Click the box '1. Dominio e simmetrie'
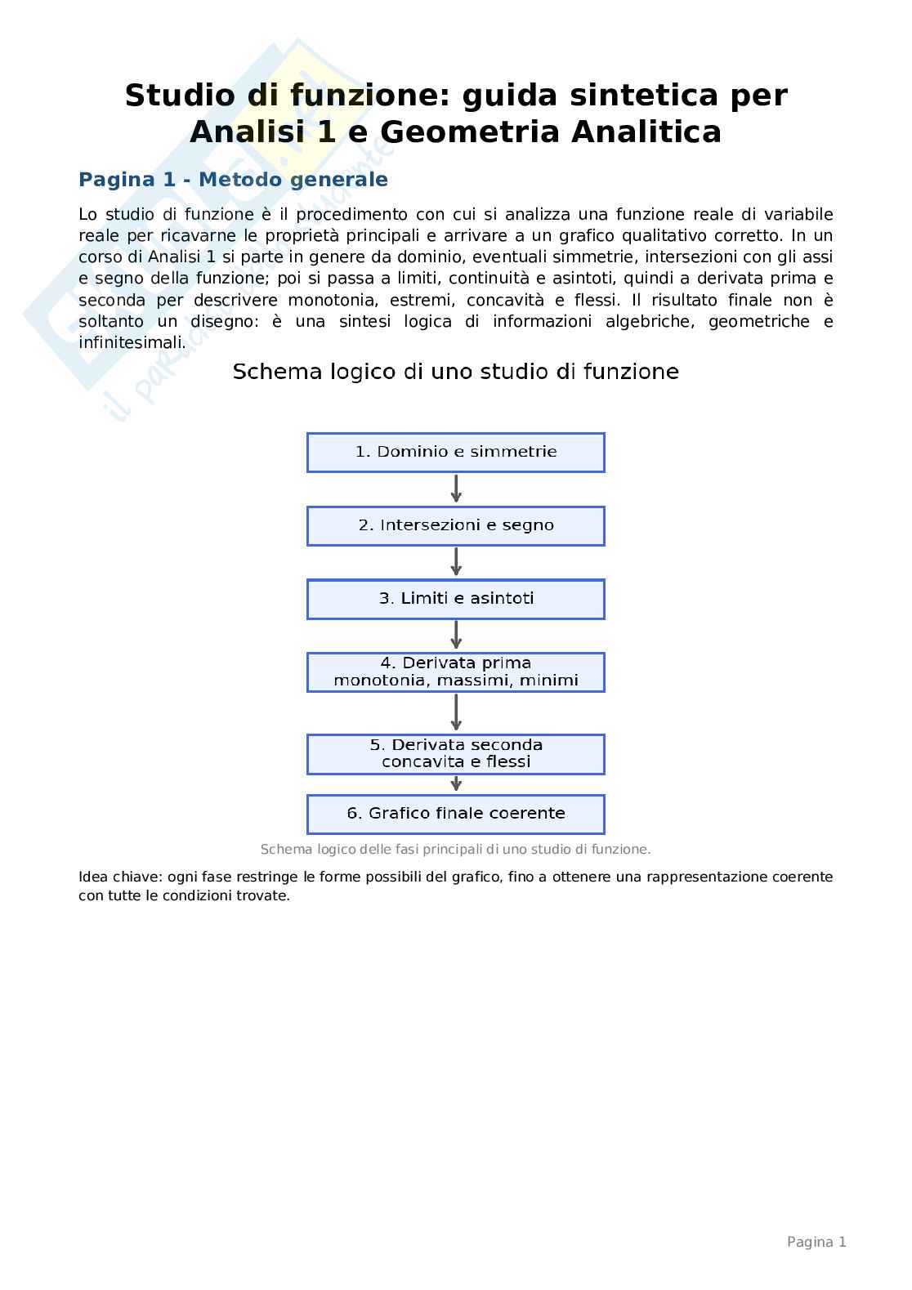tap(455, 452)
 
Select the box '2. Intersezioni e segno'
tap(455, 525)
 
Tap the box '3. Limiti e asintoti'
tap(455, 599)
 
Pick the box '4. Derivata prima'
tap(455, 672)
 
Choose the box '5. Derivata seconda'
tap(455, 753)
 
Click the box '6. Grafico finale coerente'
tap(455, 814)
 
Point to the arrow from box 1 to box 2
tap(456, 489)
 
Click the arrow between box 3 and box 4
tap(456, 635)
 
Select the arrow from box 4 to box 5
tap(456, 712)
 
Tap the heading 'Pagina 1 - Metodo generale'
tap(233, 180)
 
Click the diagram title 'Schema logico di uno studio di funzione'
tap(455, 373)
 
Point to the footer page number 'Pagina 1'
tap(816, 1242)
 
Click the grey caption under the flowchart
tap(455, 850)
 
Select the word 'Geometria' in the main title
tap(471, 132)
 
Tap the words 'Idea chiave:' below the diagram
tap(120, 877)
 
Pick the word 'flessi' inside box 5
tap(508, 762)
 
